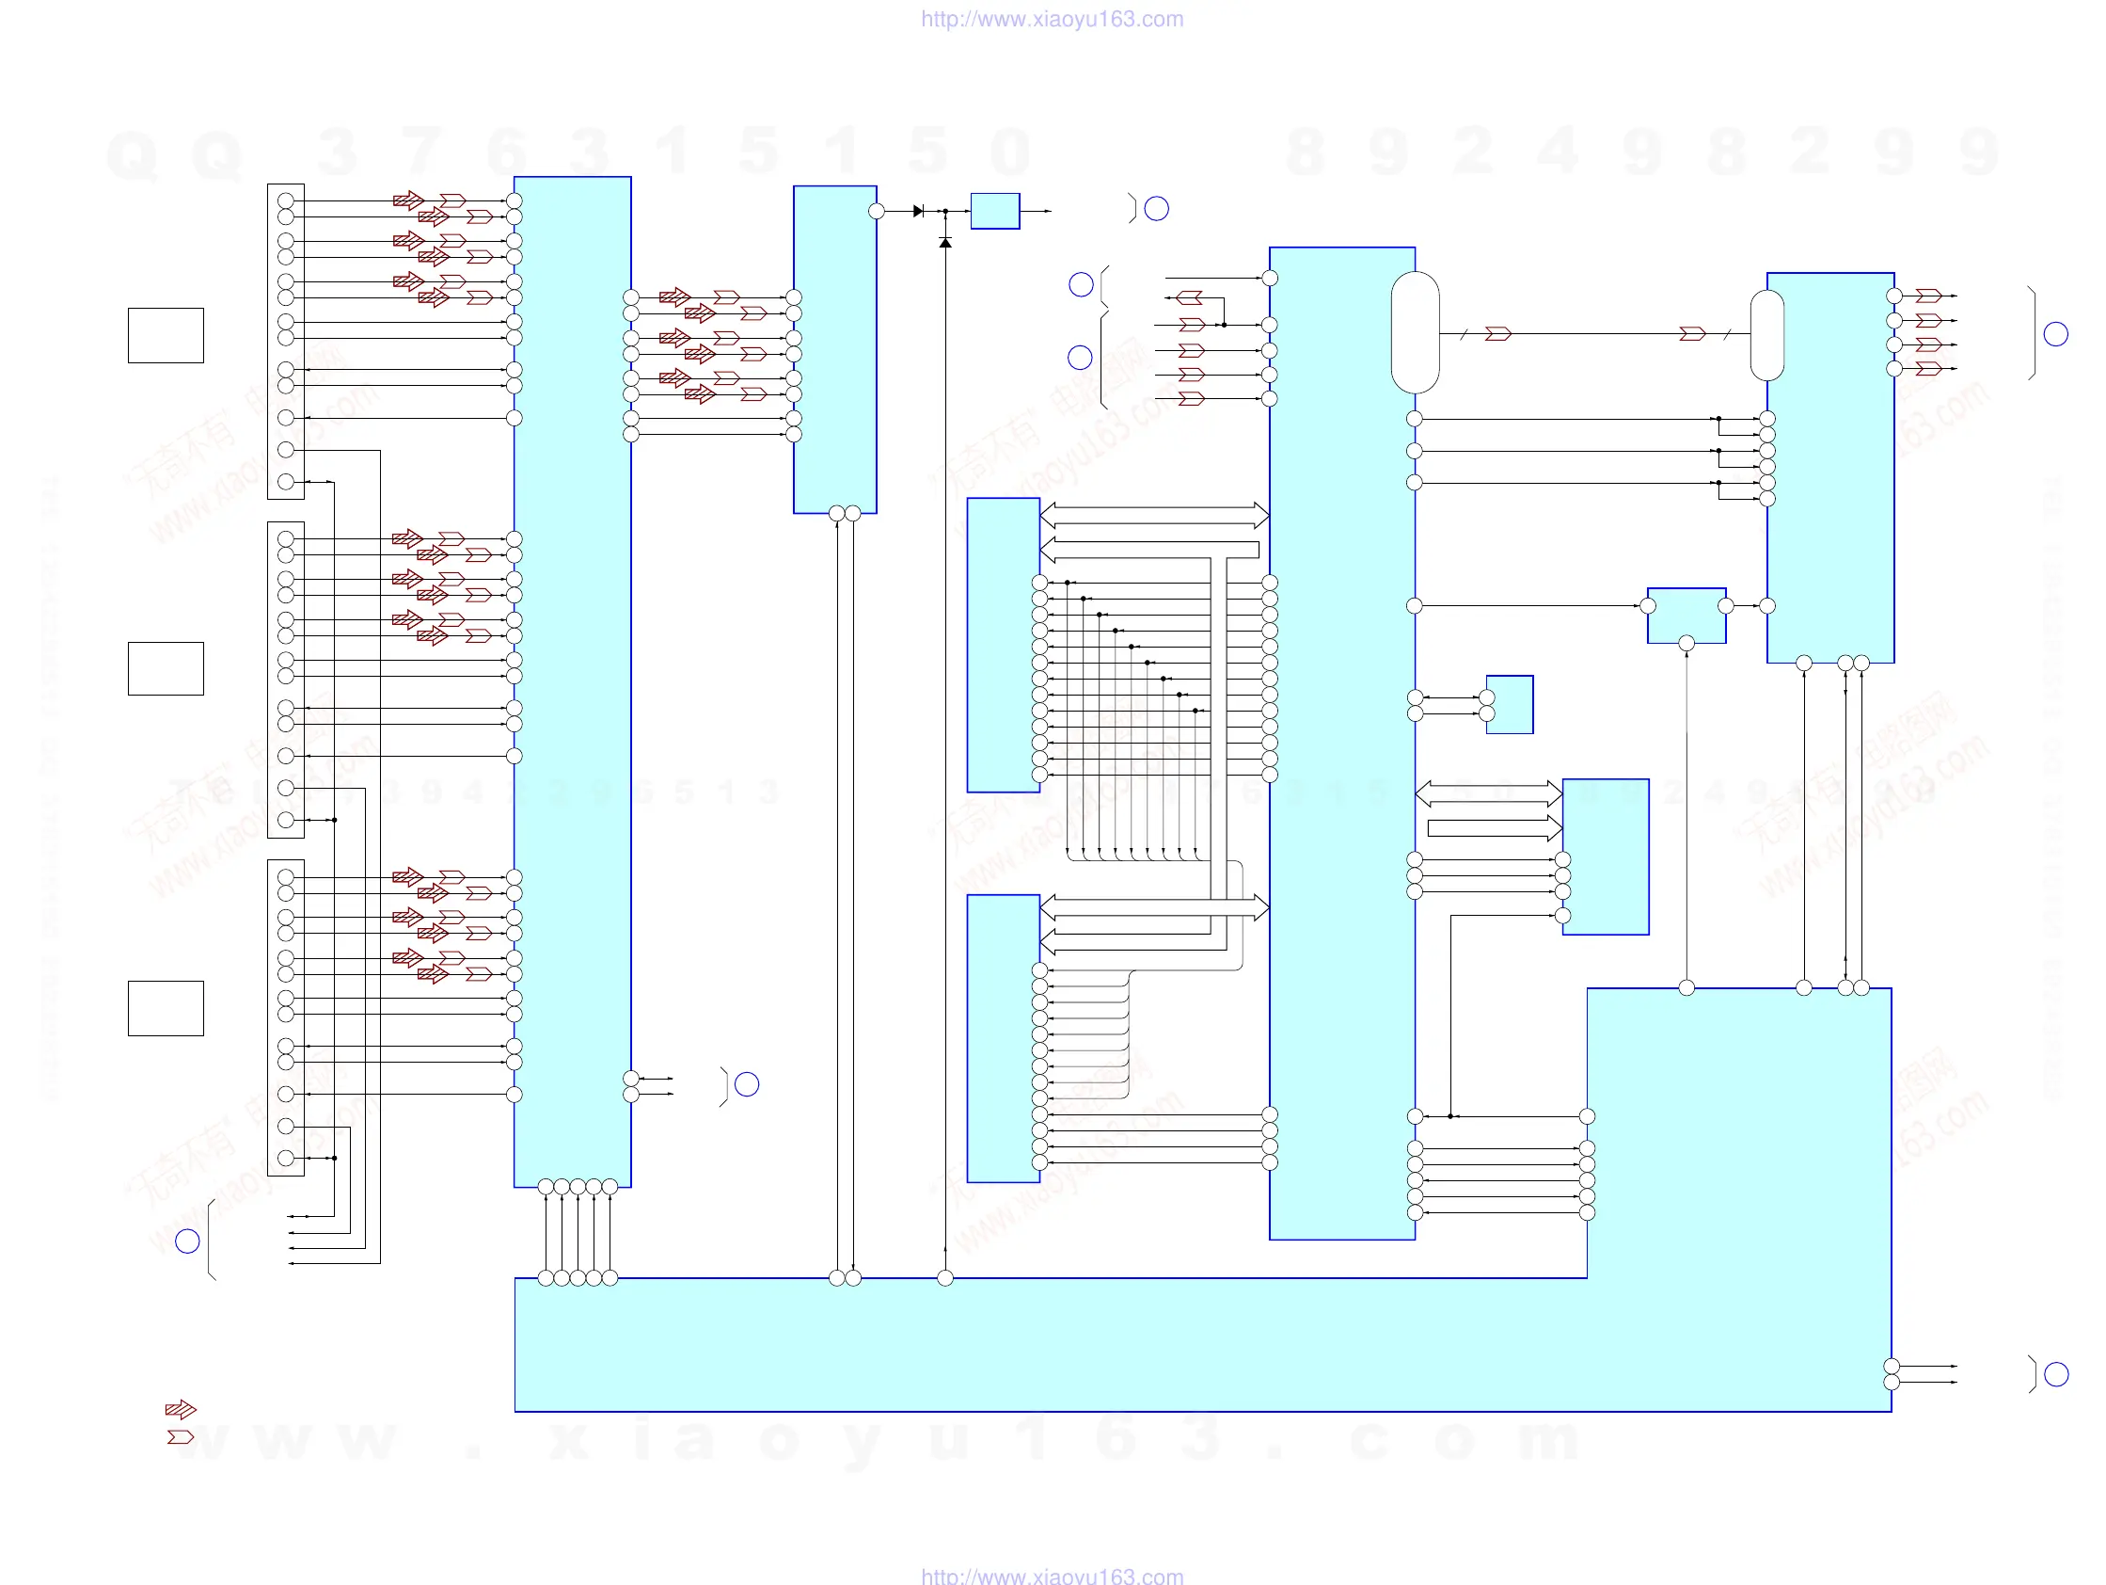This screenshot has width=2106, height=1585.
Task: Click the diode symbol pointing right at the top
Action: coord(918,211)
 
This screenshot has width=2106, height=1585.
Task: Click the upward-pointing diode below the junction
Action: coord(945,243)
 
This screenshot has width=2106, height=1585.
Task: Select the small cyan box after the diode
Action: coord(995,211)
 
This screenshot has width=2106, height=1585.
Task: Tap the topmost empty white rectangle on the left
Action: coord(166,335)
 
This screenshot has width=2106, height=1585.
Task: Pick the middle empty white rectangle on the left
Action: coord(166,668)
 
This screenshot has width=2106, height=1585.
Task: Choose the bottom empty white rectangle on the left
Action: coord(166,1008)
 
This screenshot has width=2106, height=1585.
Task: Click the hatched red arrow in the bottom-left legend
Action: coord(180,1409)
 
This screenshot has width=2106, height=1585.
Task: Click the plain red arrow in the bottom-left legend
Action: coord(180,1436)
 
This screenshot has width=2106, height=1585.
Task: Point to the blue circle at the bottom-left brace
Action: coord(187,1241)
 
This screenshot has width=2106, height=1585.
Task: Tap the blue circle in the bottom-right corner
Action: coord(2056,1374)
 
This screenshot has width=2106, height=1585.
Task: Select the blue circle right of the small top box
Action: coord(1157,209)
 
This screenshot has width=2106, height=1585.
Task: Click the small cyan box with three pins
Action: coord(1686,616)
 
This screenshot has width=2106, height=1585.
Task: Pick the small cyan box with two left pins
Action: coord(1510,705)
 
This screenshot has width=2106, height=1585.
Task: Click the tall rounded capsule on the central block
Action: coord(1416,332)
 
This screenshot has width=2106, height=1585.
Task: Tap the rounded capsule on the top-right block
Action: coord(1767,335)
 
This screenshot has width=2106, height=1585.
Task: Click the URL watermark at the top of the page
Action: coord(1052,19)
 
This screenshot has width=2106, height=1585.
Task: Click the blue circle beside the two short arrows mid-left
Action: coord(748,1084)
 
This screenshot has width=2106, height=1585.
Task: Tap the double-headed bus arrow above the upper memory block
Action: coord(1154,516)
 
